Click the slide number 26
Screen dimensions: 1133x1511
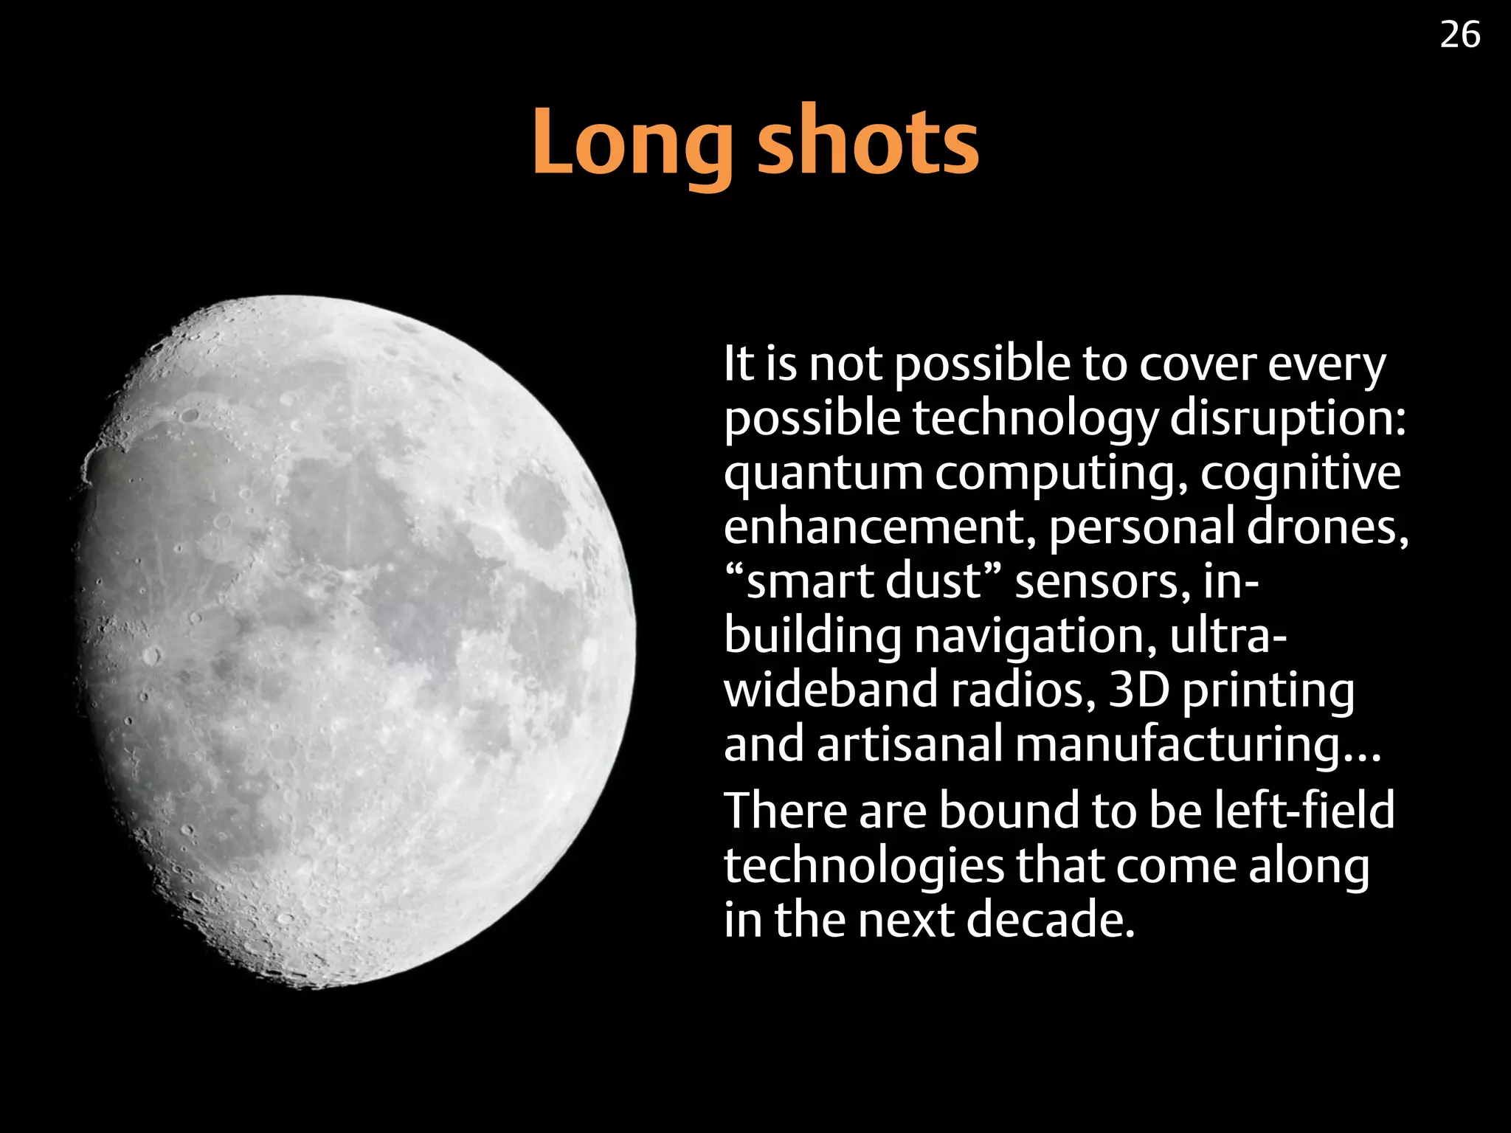pos(1459,35)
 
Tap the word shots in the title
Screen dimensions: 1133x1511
pos(868,142)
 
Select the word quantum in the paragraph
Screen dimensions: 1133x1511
pos(823,474)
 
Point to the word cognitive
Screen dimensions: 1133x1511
pos(1300,474)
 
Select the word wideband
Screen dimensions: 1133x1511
pos(830,690)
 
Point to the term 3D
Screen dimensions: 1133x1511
pos(1139,690)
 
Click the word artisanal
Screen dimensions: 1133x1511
pos(909,744)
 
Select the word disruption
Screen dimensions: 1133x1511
pos(1288,418)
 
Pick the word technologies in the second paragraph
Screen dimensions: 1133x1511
pos(864,865)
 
